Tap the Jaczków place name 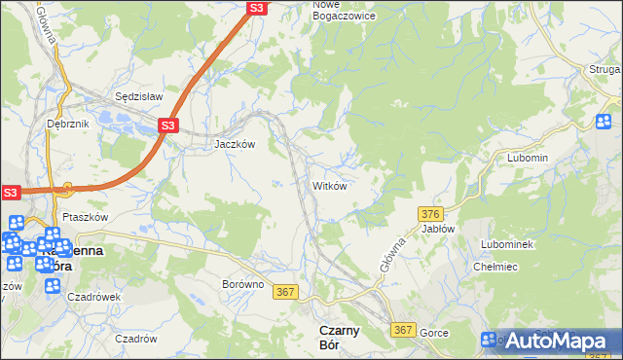[235, 143]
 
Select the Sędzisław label [138, 97]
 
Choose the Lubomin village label [528, 158]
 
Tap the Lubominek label [507, 244]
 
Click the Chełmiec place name [495, 267]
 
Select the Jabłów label [438, 229]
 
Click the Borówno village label [242, 284]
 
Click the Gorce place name [433, 333]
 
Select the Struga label [605, 69]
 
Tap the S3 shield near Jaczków [168, 126]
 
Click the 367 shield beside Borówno [285, 291]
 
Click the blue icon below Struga [604, 121]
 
